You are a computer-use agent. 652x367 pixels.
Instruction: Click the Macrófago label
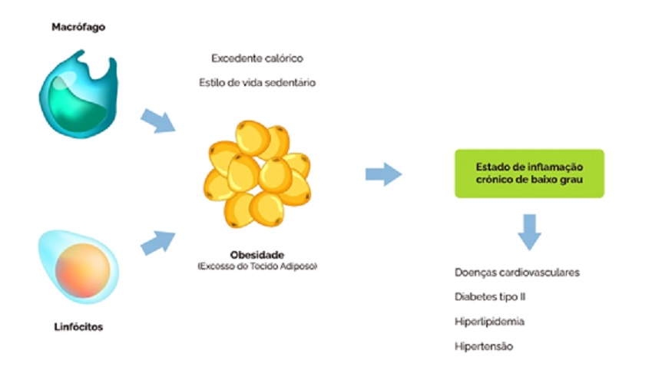click(78, 26)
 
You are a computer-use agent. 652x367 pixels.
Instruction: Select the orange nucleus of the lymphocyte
click(74, 267)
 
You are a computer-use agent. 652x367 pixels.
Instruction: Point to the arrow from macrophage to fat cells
click(157, 120)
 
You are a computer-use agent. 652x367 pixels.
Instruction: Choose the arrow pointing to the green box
click(382, 174)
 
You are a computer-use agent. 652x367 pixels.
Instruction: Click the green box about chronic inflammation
click(529, 174)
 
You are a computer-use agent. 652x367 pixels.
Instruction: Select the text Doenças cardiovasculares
click(516, 273)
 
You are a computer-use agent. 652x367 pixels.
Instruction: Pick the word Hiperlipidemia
click(489, 322)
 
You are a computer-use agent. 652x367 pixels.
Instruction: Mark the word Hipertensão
click(483, 346)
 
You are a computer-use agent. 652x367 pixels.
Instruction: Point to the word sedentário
click(289, 82)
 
